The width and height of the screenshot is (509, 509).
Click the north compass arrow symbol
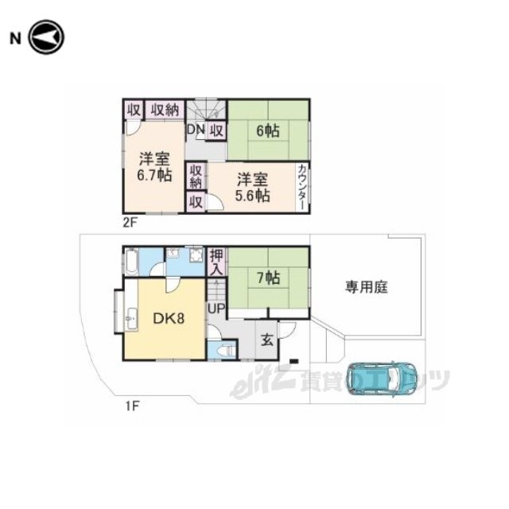46,37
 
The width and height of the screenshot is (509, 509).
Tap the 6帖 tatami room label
268,130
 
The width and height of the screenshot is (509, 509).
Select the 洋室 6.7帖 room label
154,166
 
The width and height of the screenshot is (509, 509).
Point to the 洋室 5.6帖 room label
252,188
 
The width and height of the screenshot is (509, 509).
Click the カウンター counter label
302,188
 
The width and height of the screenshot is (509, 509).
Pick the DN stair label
196,130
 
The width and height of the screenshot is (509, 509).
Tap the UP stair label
216,309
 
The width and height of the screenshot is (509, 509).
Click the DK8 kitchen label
169,318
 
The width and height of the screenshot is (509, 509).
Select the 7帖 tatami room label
268,278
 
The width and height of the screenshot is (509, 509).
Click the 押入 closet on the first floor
217,262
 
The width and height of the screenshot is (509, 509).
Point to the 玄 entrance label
267,340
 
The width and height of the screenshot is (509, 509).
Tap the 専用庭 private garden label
366,287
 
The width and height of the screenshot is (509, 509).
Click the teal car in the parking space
382,379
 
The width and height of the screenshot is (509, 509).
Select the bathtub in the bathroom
132,262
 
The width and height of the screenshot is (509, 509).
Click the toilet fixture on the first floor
226,352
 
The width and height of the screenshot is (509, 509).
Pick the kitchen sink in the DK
131,318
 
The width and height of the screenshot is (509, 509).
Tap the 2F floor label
130,223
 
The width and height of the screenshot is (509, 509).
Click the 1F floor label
133,406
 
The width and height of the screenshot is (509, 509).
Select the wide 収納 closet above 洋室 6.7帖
165,110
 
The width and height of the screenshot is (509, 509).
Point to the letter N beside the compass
15,38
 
